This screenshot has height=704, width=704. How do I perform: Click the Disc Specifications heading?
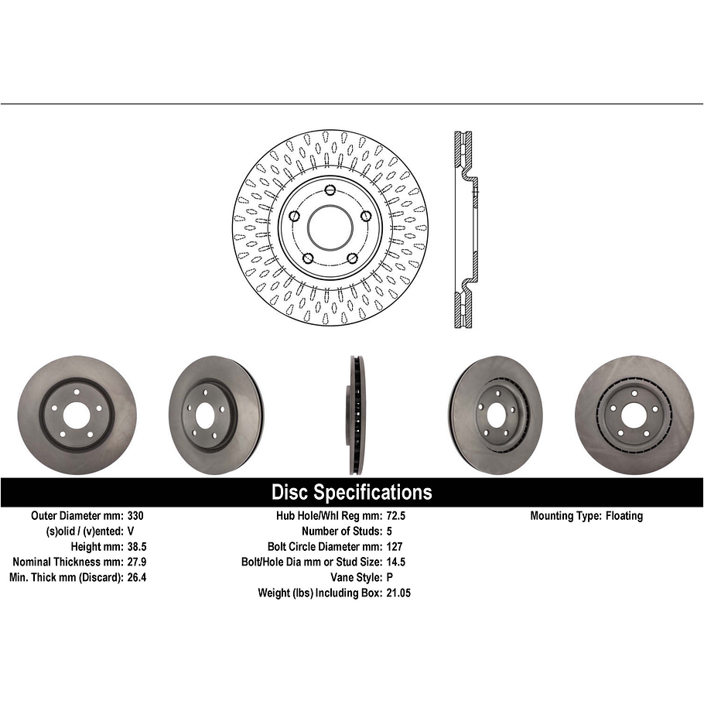351,492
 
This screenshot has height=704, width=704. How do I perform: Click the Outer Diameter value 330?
135,516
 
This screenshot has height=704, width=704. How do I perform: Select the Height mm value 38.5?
136,547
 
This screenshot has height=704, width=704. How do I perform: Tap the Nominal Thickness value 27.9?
136,562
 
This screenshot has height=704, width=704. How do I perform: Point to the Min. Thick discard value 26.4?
136,577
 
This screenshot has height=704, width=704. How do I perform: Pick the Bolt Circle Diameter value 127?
394,547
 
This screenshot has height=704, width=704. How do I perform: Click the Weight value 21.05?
398,593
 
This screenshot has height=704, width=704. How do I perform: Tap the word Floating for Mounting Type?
624,516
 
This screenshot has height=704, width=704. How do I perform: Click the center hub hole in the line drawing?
330,227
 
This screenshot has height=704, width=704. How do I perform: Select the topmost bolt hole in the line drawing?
330,190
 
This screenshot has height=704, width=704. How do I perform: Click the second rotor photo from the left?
215,415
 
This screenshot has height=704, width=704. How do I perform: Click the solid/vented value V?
130,531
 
